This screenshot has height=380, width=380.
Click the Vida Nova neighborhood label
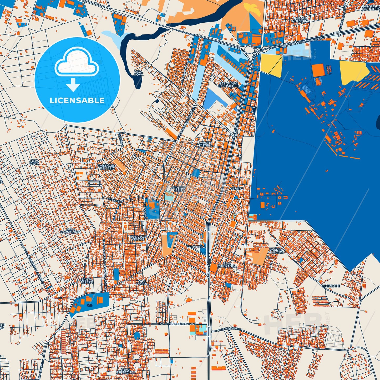click(x=138, y=73)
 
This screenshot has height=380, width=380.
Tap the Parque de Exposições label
click(x=229, y=84)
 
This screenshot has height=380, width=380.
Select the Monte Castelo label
click(x=205, y=144)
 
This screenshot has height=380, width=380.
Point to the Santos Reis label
click(x=179, y=189)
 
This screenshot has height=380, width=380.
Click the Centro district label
click(x=237, y=189)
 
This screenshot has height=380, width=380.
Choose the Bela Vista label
click(x=35, y=162)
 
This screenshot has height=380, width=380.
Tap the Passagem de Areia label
click(x=107, y=167)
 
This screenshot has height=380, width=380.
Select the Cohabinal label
click(x=196, y=247)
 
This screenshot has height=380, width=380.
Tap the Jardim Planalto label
click(x=276, y=251)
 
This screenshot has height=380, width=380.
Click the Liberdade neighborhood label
click(x=331, y=286)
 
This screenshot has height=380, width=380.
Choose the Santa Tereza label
click(x=87, y=281)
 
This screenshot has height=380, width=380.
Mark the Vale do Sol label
click(x=142, y=282)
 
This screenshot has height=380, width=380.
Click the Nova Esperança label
click(x=126, y=371)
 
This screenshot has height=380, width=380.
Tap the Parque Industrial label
click(x=301, y=20)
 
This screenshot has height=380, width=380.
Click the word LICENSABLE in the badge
click(x=77, y=100)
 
